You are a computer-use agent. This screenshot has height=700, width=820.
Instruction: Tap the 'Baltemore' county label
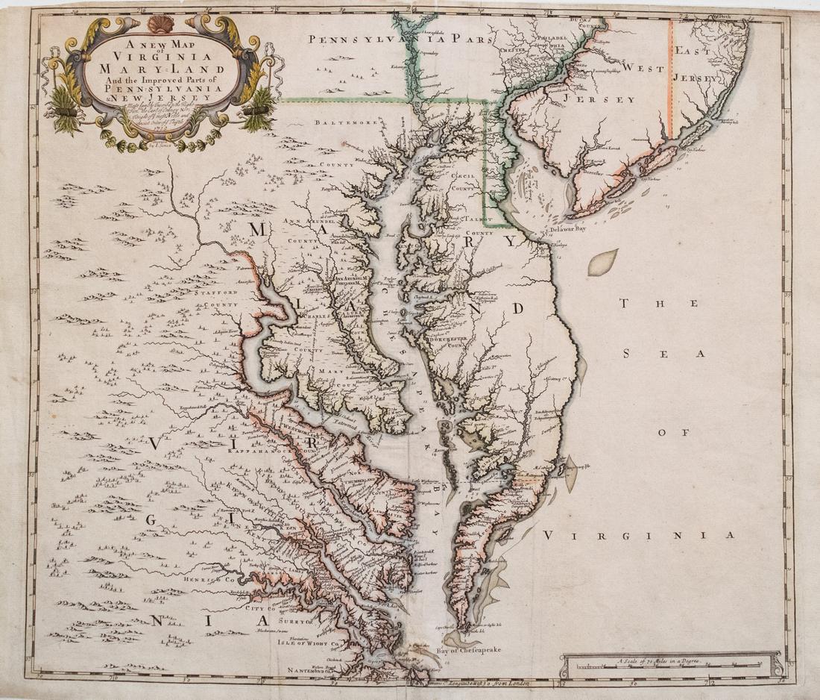341,121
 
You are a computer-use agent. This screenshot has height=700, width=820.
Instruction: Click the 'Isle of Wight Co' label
304,642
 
